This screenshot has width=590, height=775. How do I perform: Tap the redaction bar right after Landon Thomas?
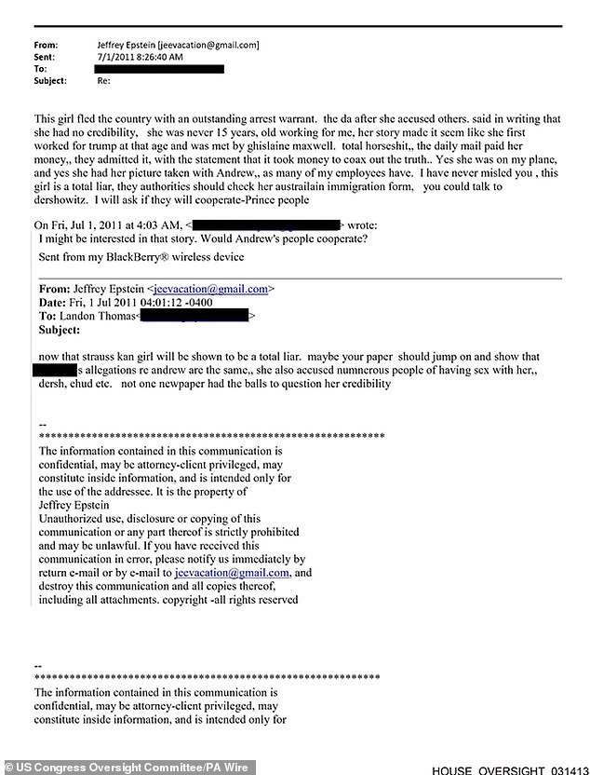[x=194, y=317]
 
